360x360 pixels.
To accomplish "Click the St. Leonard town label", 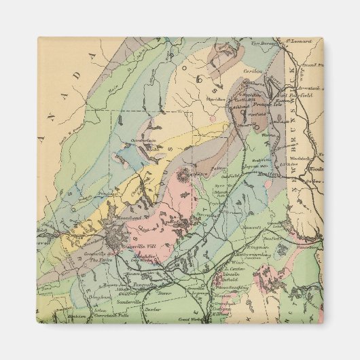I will point(298,41).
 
